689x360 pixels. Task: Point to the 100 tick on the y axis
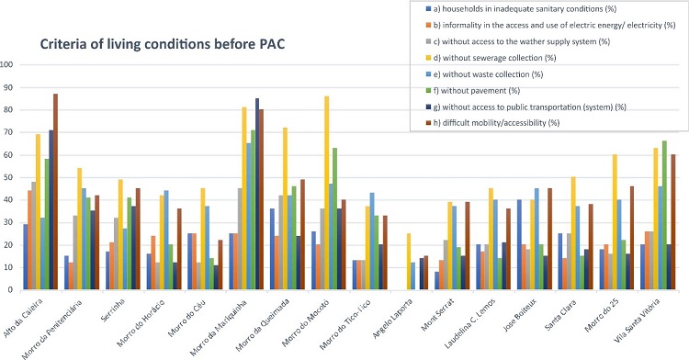(8, 65)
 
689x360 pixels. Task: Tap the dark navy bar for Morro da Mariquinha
(256, 195)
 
